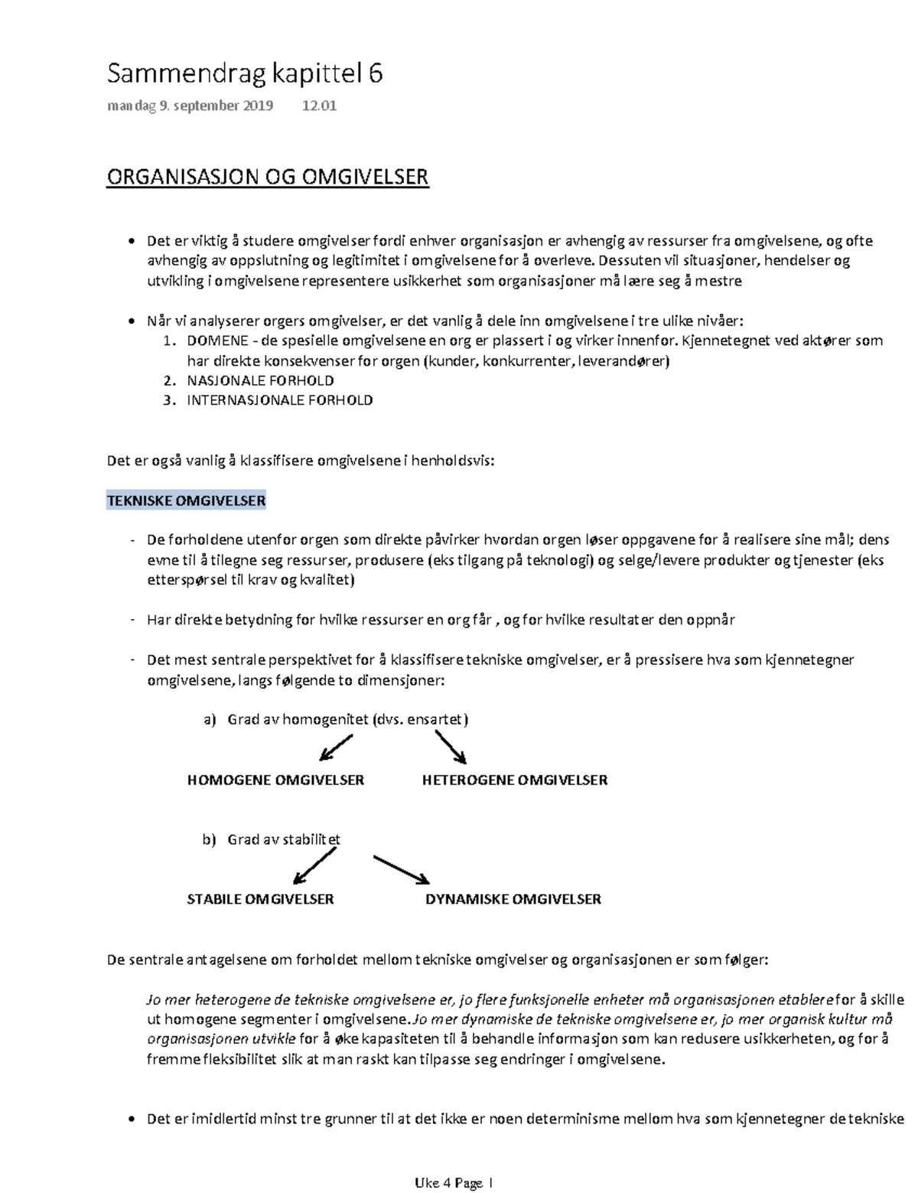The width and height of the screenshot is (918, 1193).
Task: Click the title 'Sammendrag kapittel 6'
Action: click(244, 74)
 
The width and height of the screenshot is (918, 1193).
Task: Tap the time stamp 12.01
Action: click(319, 106)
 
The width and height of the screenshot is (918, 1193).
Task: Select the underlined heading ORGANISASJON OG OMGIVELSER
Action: click(267, 178)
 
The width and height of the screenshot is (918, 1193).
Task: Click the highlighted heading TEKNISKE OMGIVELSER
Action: click(186, 501)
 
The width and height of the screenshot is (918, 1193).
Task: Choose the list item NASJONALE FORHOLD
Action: click(260, 380)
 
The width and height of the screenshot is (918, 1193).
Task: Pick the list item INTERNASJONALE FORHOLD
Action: click(279, 400)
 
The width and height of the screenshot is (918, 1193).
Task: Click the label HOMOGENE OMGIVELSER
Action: click(275, 781)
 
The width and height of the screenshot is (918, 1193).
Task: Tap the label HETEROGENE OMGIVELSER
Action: click(515, 781)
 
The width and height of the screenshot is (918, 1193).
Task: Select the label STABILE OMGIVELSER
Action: click(260, 899)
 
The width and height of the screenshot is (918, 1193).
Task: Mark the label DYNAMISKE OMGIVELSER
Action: click(513, 899)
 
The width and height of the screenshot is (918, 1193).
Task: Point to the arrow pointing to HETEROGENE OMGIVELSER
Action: click(451, 747)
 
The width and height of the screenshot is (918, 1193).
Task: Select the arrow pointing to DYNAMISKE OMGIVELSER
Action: click(402, 869)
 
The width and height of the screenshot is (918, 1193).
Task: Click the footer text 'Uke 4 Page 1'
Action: click(454, 1183)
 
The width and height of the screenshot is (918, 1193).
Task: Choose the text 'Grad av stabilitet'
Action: click(284, 839)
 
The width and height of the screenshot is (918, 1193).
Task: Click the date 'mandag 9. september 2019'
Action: click(190, 106)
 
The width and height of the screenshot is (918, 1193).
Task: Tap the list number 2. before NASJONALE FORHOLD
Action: click(169, 380)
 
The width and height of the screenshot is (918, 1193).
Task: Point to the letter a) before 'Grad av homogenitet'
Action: click(210, 719)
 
